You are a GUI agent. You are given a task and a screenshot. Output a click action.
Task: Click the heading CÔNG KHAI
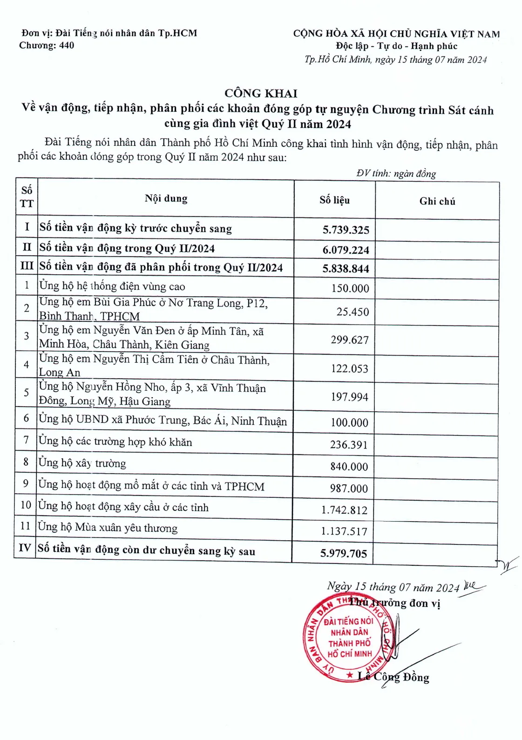pos(260,94)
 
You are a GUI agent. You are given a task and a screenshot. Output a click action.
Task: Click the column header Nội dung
pos(166,199)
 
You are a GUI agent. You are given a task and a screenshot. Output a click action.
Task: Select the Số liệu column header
pos(334,200)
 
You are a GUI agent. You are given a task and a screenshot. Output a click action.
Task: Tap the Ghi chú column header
pos(437,201)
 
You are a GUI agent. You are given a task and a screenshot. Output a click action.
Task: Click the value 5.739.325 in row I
pos(346,230)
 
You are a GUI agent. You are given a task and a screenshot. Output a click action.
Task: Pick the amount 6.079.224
pos(346,250)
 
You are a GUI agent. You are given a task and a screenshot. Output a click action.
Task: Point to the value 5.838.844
pos(346,269)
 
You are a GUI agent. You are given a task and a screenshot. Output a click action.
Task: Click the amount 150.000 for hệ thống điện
pos(350,289)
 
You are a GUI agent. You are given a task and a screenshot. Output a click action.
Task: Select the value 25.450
pos(353,312)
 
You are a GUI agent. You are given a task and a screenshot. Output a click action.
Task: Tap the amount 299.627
pos(350,340)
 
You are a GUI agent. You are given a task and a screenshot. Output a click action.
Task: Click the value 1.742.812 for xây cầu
pos(344,510)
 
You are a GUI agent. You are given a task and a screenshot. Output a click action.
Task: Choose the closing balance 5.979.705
pos(343,554)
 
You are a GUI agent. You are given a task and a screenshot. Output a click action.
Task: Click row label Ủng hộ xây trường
pos(82,463)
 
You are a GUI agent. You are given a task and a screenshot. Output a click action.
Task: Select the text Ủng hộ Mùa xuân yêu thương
pos(108,528)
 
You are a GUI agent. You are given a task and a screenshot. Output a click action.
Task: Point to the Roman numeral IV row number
pos(25,548)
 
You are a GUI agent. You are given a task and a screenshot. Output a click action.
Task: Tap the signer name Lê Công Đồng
pos(393,677)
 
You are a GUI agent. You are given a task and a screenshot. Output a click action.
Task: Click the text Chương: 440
pos(47,46)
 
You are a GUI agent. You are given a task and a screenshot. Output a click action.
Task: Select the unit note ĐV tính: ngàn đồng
pos(396,174)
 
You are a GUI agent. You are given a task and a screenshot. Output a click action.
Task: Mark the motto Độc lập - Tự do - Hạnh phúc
pos(396,47)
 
